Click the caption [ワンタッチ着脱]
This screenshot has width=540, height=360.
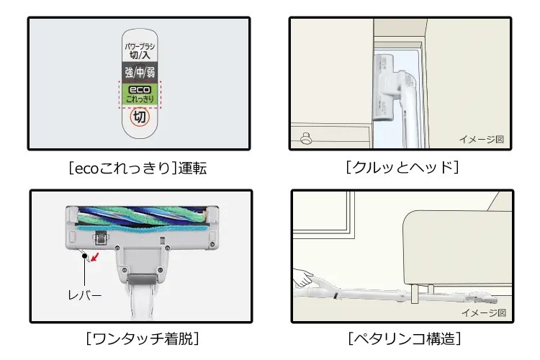(140, 338)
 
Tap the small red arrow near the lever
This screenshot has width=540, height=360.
(95, 254)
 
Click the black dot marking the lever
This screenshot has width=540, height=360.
(85, 255)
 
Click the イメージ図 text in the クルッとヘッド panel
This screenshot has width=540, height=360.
(481, 139)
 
